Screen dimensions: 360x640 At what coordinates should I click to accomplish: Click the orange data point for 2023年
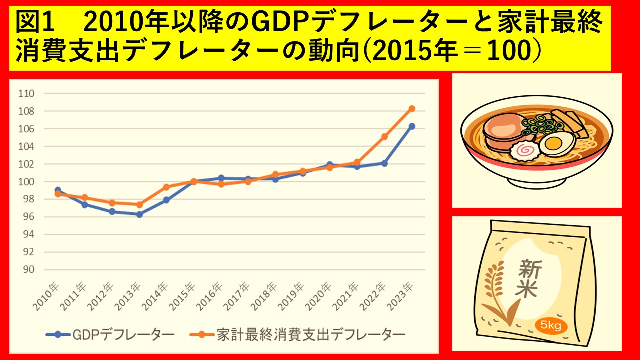(x=412, y=108)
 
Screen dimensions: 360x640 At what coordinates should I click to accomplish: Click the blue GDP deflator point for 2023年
(x=412, y=126)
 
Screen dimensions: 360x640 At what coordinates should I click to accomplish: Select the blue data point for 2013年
(x=139, y=214)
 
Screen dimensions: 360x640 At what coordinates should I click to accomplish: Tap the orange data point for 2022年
(x=384, y=136)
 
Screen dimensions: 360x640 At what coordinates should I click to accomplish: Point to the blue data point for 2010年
(x=58, y=190)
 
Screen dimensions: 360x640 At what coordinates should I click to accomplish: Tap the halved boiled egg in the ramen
(x=553, y=144)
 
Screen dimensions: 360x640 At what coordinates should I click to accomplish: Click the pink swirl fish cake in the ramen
(x=524, y=149)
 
